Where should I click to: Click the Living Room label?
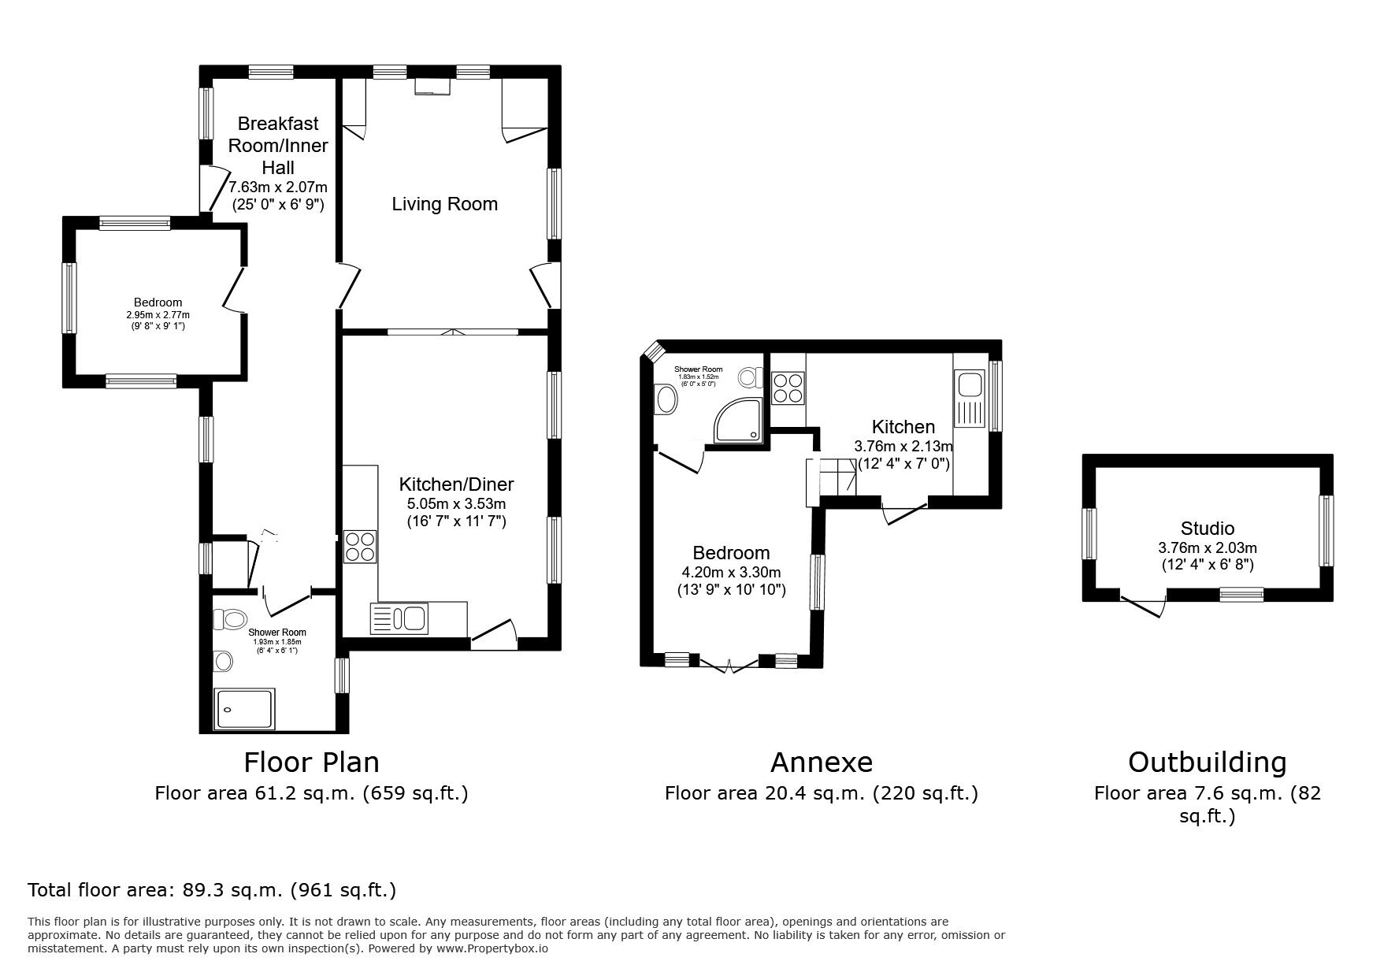444,204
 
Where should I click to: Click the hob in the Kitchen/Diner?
360,547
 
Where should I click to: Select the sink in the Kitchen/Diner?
399,618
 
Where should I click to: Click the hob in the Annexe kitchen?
788,388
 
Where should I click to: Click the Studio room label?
1207,529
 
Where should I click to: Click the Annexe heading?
821,762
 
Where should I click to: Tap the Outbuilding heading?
1207,762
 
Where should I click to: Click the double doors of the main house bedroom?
233,289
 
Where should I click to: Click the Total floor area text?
212,890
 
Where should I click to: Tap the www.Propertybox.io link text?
492,948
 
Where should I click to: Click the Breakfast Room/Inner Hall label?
277,145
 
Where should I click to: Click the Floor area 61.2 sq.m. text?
311,792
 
